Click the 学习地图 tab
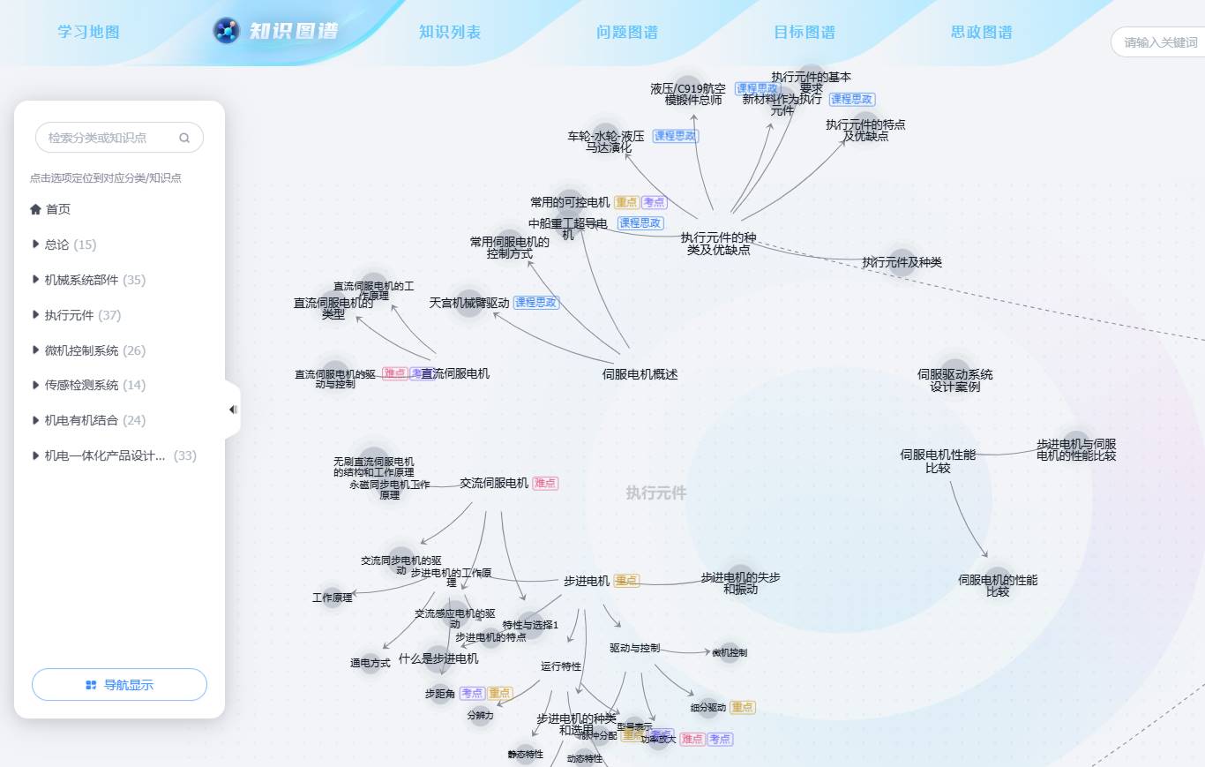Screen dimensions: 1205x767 [x=88, y=33]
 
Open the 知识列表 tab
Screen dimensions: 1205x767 [x=450, y=33]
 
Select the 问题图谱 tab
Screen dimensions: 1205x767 [x=626, y=33]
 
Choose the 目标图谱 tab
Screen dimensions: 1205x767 [x=804, y=33]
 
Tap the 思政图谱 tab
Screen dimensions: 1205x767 [x=981, y=33]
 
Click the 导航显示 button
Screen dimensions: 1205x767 [x=119, y=685]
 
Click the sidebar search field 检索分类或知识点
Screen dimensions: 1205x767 [x=110, y=138]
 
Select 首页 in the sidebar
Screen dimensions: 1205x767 [x=58, y=209]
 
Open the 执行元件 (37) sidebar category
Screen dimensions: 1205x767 [x=83, y=315]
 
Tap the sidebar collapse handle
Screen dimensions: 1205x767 [x=233, y=410]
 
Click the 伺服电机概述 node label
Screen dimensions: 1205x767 [x=640, y=374]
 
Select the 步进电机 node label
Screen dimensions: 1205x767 [x=587, y=581]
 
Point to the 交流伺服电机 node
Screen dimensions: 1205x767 [x=494, y=483]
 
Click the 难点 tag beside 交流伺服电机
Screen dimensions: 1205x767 [x=545, y=484]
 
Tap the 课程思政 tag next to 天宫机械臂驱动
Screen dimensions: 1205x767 [x=536, y=303]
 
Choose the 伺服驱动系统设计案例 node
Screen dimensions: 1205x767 [x=954, y=380]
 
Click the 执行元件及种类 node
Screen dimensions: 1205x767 [x=902, y=262]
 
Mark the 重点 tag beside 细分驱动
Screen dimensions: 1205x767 [x=742, y=708]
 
